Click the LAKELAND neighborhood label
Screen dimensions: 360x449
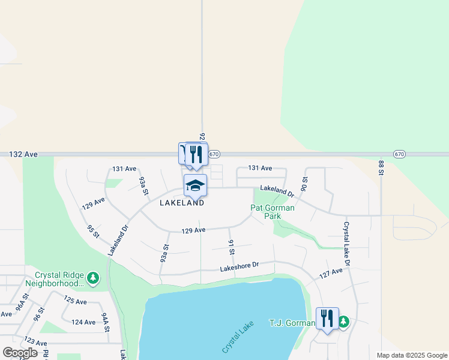point(182,203)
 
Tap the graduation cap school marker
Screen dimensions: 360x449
point(196,185)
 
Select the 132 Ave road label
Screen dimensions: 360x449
point(23,154)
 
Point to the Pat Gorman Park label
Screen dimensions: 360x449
point(273,212)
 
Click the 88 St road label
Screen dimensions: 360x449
point(381,167)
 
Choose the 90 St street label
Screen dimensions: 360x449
point(305,184)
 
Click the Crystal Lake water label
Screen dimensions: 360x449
point(238,337)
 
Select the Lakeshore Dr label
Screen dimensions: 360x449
point(239,265)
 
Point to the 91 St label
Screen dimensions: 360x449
point(231,247)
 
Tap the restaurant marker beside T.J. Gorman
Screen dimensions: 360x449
point(327,318)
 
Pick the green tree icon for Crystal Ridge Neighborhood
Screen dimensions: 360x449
point(92,277)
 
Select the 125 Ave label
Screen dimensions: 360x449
point(75,300)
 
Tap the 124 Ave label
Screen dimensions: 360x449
point(83,322)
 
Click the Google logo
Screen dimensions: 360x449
point(20,353)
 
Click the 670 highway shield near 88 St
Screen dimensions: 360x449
point(400,154)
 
